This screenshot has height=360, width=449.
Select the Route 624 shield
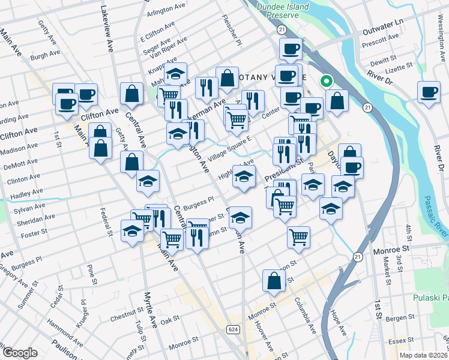click(x=233, y=329)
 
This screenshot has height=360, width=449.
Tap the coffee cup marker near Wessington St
click(x=429, y=92)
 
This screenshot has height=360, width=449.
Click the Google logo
click(x=19, y=353)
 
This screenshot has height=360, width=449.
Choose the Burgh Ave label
click(x=46, y=55)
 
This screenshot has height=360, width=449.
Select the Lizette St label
click(x=399, y=66)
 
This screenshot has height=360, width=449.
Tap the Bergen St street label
click(x=403, y=317)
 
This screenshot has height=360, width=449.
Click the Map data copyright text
click(x=424, y=355)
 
